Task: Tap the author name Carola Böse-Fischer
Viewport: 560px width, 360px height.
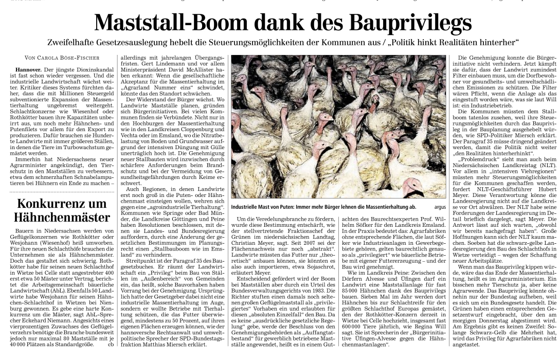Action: tap(69, 58)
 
